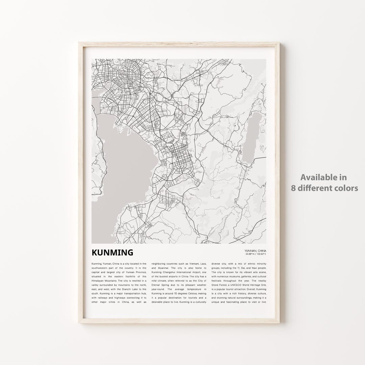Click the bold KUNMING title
click(112, 252)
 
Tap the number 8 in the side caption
click(293, 188)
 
